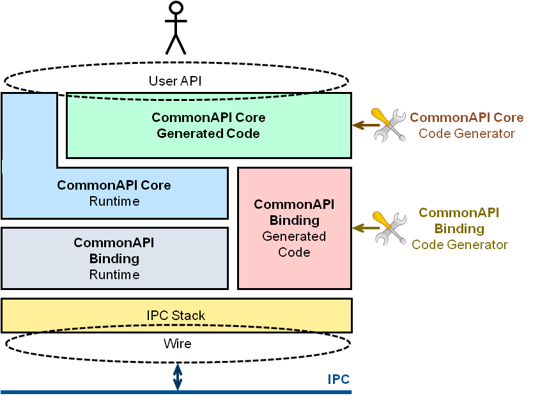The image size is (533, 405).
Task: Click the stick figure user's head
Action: pos(176,8)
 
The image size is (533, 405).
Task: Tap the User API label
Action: pos(176,81)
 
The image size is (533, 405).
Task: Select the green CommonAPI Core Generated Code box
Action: pos(208,126)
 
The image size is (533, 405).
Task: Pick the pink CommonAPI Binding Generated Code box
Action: pos(294,228)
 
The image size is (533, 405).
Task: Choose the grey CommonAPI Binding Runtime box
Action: pos(114,258)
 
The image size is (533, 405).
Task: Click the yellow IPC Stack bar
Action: pos(176,316)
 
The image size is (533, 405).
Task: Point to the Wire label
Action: pos(177,344)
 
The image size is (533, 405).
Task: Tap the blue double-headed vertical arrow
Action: pos(178,377)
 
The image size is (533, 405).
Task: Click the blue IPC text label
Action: pos(339,379)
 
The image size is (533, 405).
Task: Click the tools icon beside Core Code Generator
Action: pos(389,125)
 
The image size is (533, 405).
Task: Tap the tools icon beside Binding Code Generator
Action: pos(389,228)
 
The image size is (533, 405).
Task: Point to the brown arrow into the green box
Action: pos(362,125)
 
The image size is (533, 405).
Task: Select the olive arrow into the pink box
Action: pos(362,228)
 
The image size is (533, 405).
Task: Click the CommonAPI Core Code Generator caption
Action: pos(467,126)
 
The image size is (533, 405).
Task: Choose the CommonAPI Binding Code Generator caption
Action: pos(459,229)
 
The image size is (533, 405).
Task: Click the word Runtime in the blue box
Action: pos(114,202)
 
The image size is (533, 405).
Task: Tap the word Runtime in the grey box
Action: pos(114,275)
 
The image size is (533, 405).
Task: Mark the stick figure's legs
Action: pos(176,43)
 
